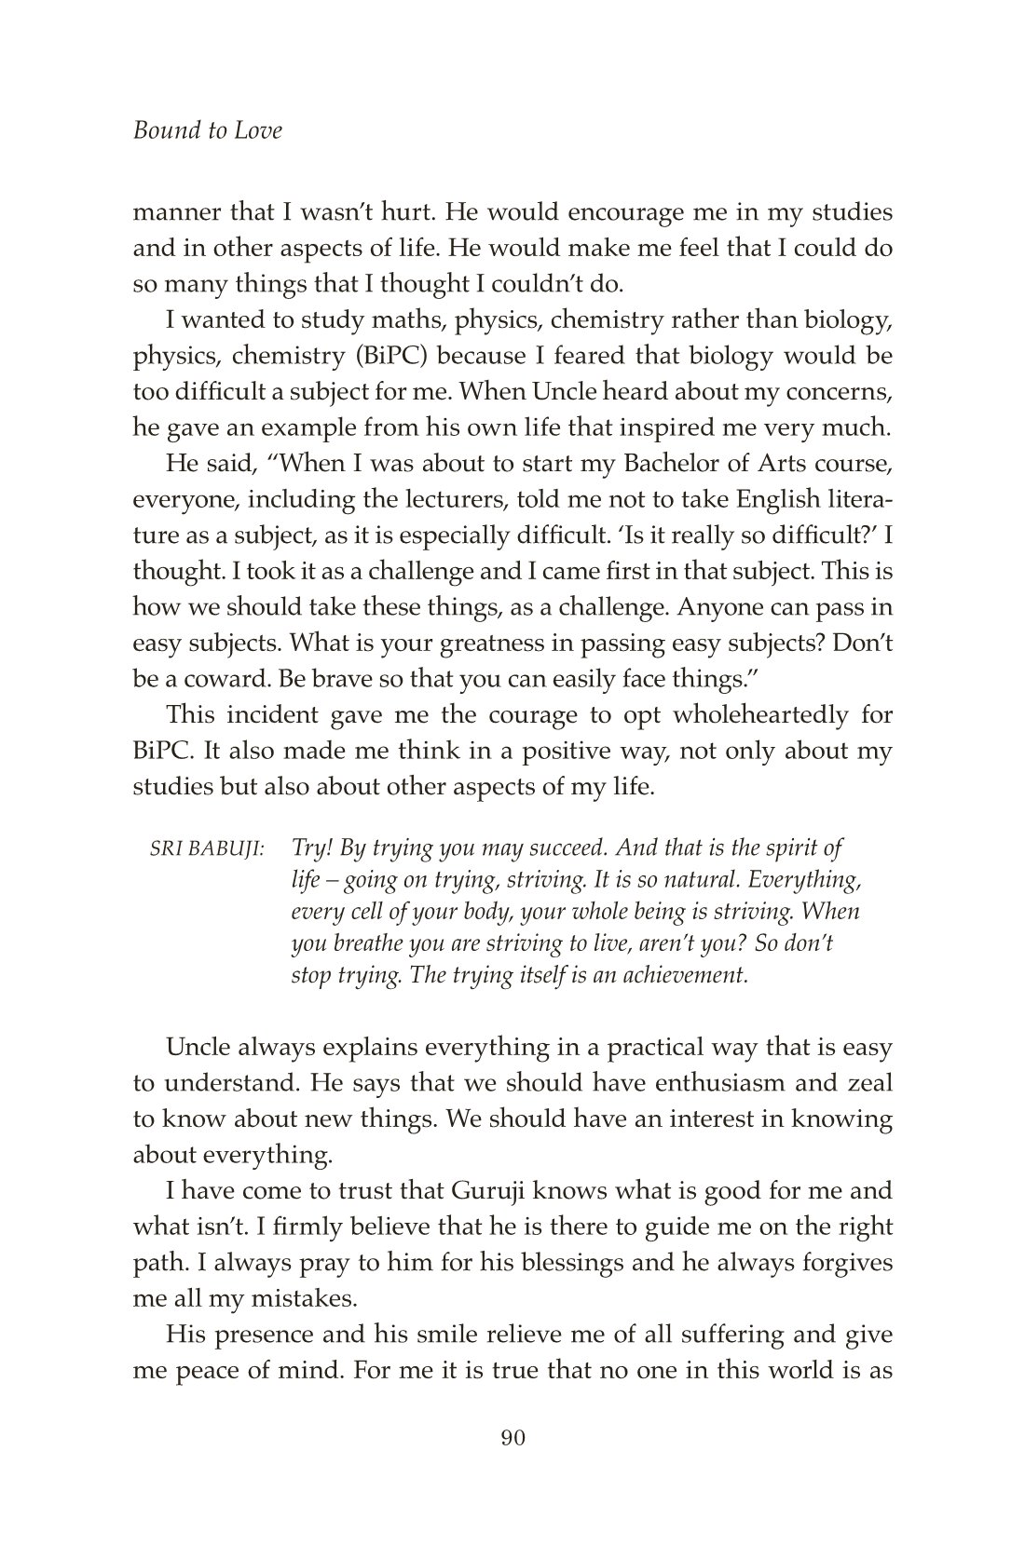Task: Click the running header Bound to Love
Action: click(208, 130)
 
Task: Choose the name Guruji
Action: click(499, 1190)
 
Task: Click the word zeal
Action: click(869, 1083)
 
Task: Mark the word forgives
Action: click(843, 1263)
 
